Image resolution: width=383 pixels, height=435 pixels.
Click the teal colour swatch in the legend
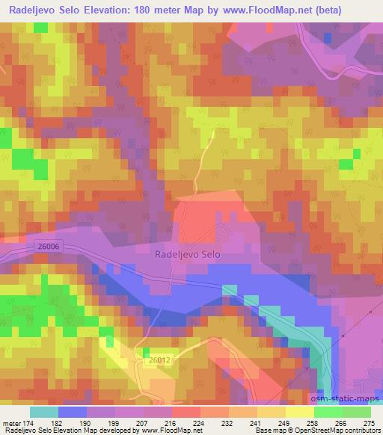pos(44,412)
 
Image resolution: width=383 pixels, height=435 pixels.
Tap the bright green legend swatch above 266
pos(327,412)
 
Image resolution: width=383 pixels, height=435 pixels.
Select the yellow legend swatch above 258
pos(298,412)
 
